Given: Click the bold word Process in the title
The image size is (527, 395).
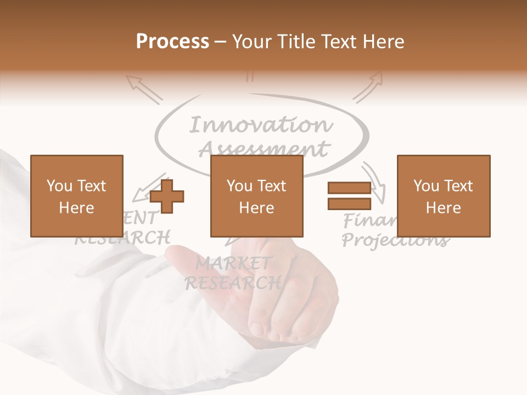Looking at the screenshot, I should tap(172, 41).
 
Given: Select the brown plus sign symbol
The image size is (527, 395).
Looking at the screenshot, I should tap(167, 196).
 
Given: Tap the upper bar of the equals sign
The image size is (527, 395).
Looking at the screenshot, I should tap(349, 188).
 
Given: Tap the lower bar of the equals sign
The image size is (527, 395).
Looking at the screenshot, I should tap(349, 204).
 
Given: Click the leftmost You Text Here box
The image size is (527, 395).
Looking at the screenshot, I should tap(76, 196).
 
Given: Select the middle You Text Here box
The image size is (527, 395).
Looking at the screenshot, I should tap(256, 196).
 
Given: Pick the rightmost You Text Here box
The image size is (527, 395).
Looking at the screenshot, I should tap(443, 196).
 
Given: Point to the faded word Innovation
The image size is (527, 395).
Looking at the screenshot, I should tap(261, 125).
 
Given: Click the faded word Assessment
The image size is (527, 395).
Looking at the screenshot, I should tap(263, 148).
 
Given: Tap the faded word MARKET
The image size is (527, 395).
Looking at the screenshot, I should tap(233, 264).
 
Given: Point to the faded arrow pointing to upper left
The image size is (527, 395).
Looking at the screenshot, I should tap(144, 89).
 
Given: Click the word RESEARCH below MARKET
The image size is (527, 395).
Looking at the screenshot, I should tap(233, 283).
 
